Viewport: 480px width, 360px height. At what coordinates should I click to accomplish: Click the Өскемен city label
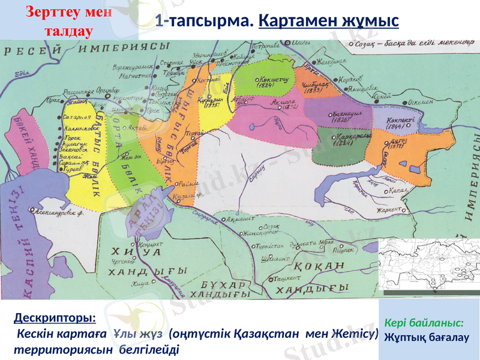419,103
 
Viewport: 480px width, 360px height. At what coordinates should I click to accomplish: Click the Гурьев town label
73,170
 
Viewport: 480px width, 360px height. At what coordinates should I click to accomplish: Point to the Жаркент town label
390,209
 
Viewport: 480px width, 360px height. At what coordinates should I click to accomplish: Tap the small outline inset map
428,265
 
